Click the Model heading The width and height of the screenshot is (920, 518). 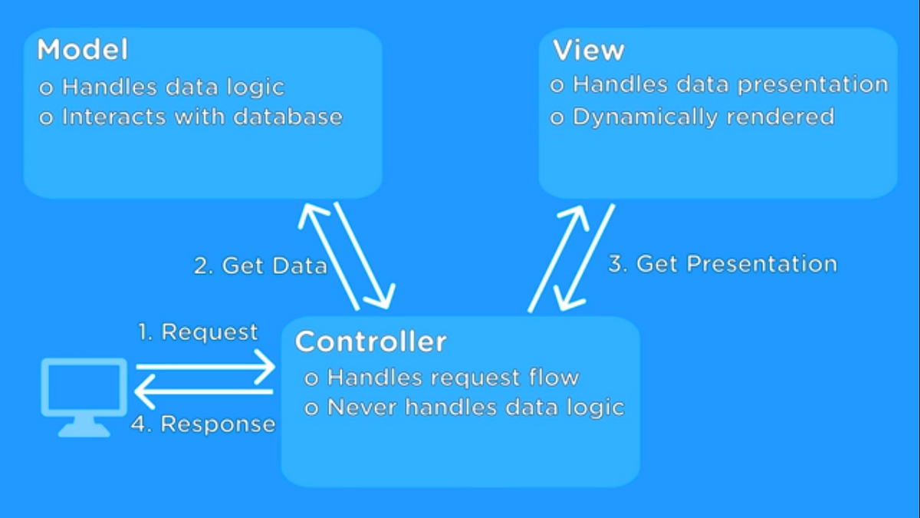82,50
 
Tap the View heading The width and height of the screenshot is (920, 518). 588,51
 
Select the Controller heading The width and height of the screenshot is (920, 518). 370,341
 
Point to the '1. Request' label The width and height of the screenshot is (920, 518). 198,332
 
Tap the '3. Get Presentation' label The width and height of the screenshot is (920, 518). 722,264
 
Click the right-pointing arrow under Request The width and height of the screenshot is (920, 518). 205,368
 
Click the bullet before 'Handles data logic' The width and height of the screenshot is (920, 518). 46,88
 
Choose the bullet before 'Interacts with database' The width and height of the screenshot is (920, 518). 46,118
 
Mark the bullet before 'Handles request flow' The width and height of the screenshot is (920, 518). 311,378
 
